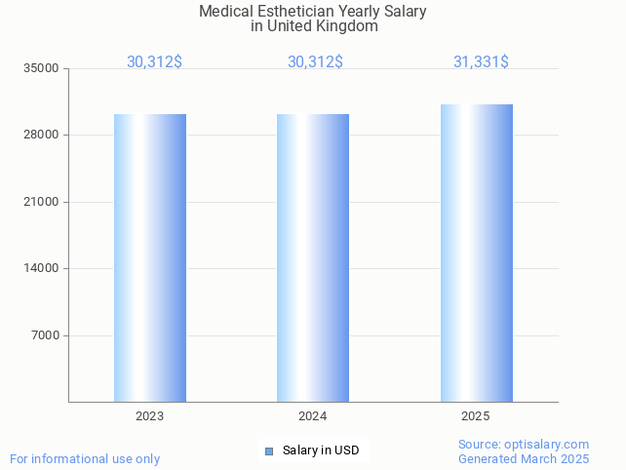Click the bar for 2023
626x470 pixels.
pyautogui.click(x=150, y=257)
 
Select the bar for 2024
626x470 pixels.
pyautogui.click(x=313, y=257)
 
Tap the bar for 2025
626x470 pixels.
pyautogui.click(x=476, y=253)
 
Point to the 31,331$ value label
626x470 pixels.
pyautogui.click(x=481, y=62)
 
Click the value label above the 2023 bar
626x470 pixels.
pyautogui.click(x=154, y=62)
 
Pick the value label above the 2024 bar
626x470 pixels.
pyautogui.click(x=315, y=62)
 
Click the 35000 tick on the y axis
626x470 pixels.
pyautogui.click(x=42, y=69)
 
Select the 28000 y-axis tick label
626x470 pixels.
pyautogui.click(x=42, y=136)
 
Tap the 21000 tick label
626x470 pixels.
pyautogui.click(x=42, y=202)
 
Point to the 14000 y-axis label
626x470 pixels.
pyautogui.click(x=42, y=269)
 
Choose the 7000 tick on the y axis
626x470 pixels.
pyautogui.click(x=45, y=335)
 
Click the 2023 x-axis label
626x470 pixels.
pyautogui.click(x=149, y=416)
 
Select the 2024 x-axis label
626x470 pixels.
pyautogui.click(x=312, y=416)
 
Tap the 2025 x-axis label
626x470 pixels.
pyautogui.click(x=475, y=416)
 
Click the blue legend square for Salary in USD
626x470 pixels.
pyautogui.click(x=269, y=450)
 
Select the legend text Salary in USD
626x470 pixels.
pyautogui.click(x=321, y=450)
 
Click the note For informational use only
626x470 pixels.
pyautogui.click(x=85, y=458)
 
